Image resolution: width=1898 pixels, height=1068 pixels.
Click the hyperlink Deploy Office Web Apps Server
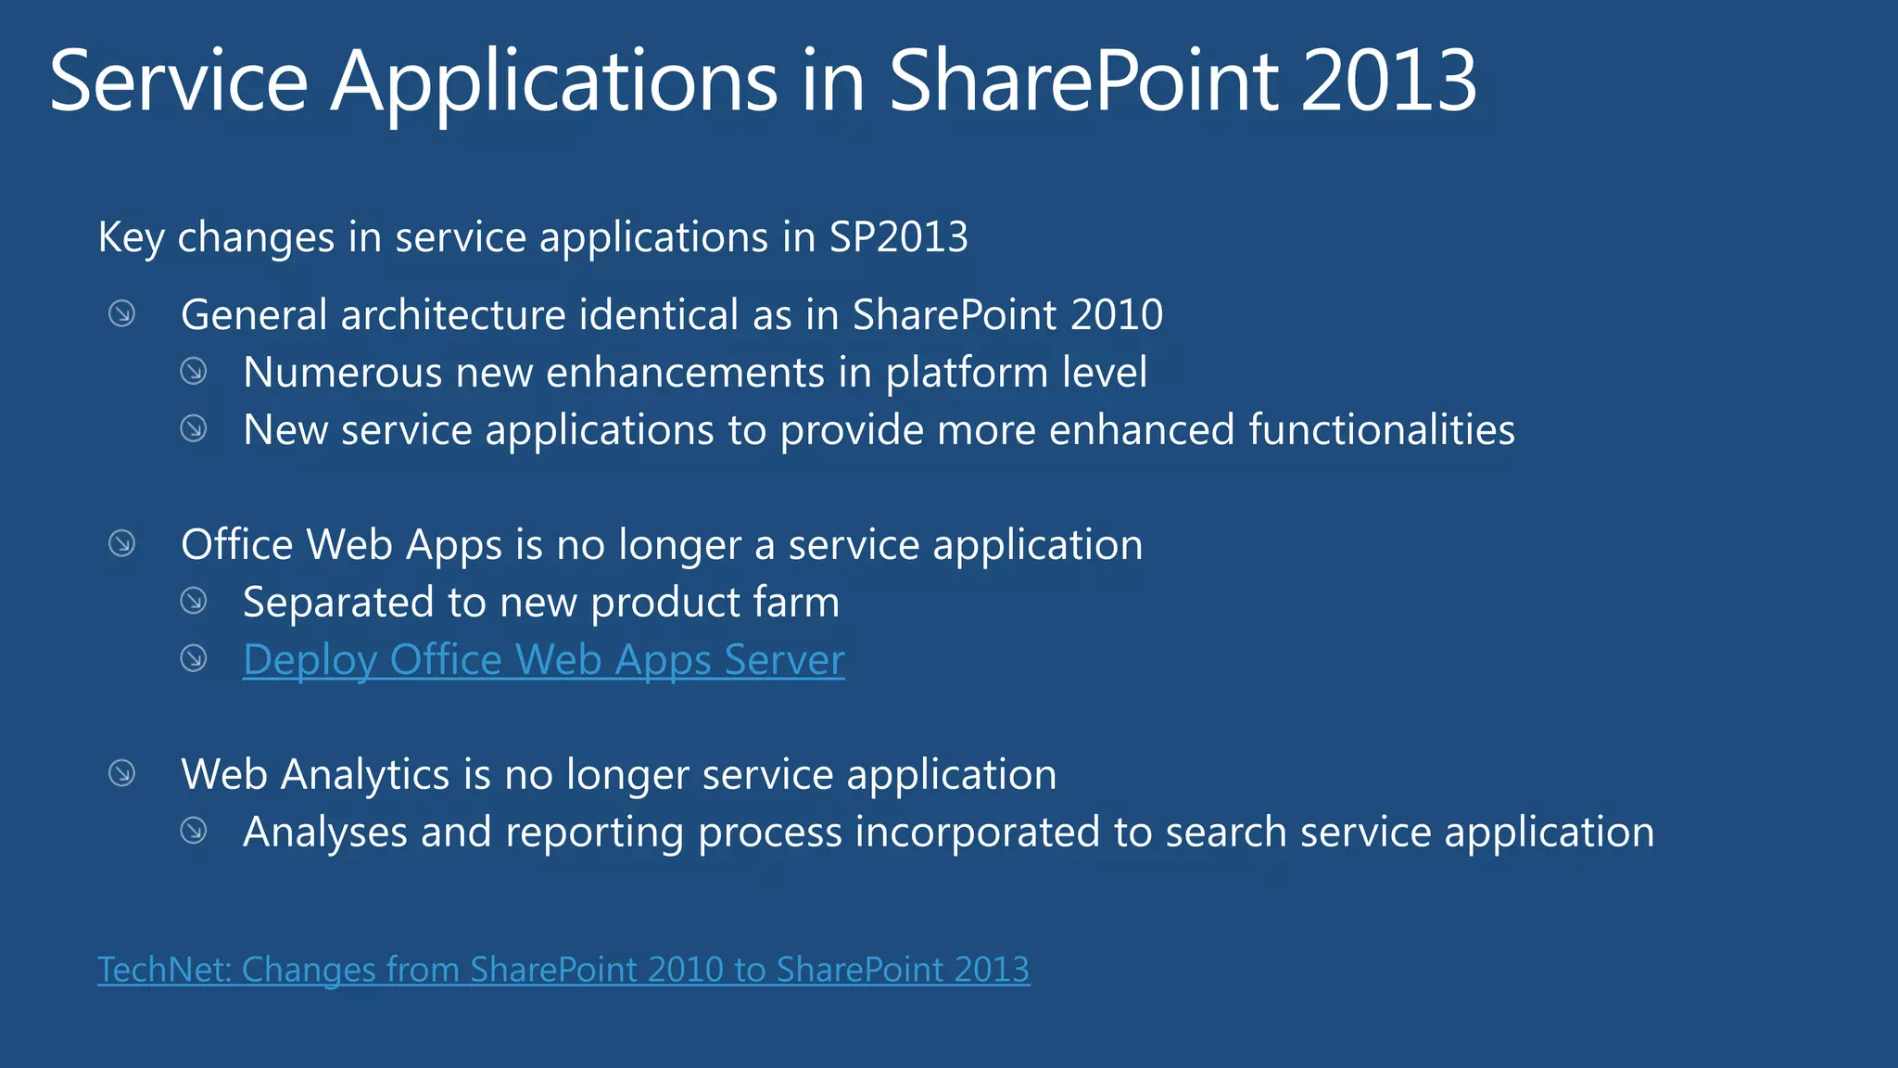click(543, 660)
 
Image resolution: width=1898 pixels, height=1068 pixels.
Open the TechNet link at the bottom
click(563, 970)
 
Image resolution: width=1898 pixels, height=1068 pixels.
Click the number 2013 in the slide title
click(1387, 82)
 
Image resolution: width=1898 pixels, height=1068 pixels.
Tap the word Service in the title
click(178, 82)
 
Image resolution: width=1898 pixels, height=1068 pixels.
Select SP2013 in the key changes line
click(898, 237)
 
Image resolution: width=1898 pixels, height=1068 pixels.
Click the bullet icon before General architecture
click(122, 314)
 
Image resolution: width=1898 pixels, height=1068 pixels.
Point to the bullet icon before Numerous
click(194, 372)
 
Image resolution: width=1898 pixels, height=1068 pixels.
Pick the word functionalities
click(1381, 430)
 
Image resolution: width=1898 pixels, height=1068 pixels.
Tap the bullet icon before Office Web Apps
click(122, 543)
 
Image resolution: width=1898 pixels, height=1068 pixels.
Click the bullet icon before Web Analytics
click(122, 773)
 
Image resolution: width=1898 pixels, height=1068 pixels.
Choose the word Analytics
click(365, 775)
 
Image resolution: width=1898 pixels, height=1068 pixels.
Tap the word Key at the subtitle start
click(131, 237)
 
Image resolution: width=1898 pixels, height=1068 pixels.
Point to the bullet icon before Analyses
click(194, 831)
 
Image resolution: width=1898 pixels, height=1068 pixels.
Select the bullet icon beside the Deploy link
click(194, 659)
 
